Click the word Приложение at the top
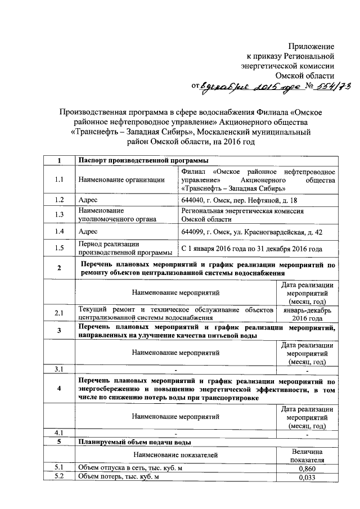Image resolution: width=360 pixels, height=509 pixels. pyautogui.click(x=311, y=45)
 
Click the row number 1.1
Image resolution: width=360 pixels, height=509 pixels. pyautogui.click(x=59, y=179)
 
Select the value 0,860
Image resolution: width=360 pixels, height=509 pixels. pyautogui.click(x=307, y=468)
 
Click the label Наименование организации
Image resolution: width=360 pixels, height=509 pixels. pyautogui.click(x=121, y=179)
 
